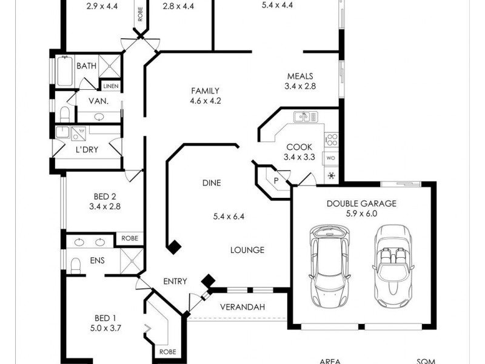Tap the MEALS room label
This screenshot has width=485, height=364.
click(300, 76)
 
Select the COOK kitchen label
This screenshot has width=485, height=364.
click(298, 147)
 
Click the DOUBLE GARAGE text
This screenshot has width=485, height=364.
click(361, 203)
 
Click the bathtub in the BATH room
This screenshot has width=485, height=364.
click(64, 72)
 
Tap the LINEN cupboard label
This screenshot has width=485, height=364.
click(111, 87)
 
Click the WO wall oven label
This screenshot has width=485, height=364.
click(331, 158)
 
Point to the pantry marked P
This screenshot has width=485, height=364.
click(276, 180)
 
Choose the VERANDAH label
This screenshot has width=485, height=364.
click(242, 307)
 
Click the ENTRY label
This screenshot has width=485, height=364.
click(175, 281)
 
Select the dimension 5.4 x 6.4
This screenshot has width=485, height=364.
click(229, 216)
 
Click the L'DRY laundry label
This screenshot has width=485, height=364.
click(87, 149)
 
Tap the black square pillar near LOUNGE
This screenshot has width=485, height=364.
click(175, 246)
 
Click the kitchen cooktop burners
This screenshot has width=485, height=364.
click(331, 140)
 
